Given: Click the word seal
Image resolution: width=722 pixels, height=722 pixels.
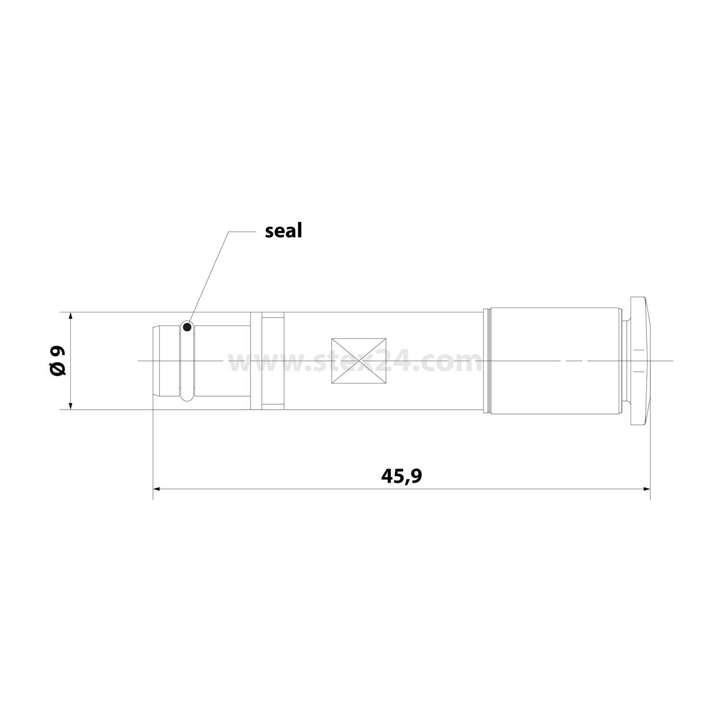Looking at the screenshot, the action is pyautogui.click(x=283, y=231).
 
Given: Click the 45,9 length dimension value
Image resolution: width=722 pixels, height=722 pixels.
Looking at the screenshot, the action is pyautogui.click(x=401, y=476).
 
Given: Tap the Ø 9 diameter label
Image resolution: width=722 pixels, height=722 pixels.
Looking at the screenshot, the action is pyautogui.click(x=58, y=361).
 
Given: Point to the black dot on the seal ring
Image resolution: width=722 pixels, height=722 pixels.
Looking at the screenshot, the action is pyautogui.click(x=187, y=327).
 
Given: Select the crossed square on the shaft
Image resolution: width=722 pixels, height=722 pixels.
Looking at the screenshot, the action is pyautogui.click(x=359, y=361).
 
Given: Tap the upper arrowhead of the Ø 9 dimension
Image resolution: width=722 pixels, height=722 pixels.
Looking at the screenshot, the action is pyautogui.click(x=71, y=318).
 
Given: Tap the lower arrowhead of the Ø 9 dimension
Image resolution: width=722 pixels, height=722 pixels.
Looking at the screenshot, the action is pyautogui.click(x=71, y=404).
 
